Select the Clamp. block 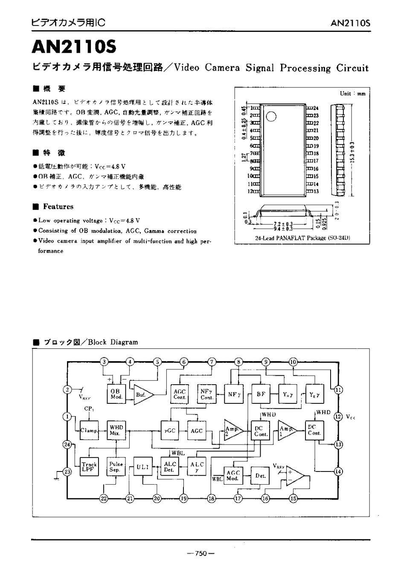(90, 430)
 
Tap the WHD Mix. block (116, 430)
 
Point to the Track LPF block (89, 467)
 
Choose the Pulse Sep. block (116, 467)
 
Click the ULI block (142, 467)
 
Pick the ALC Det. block (169, 467)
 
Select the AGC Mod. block (233, 476)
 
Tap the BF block (260, 394)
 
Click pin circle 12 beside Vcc (338, 417)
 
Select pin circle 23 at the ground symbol (67, 471)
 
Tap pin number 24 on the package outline (316, 108)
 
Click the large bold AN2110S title (74, 47)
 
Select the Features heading (58, 207)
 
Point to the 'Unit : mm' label (352, 93)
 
